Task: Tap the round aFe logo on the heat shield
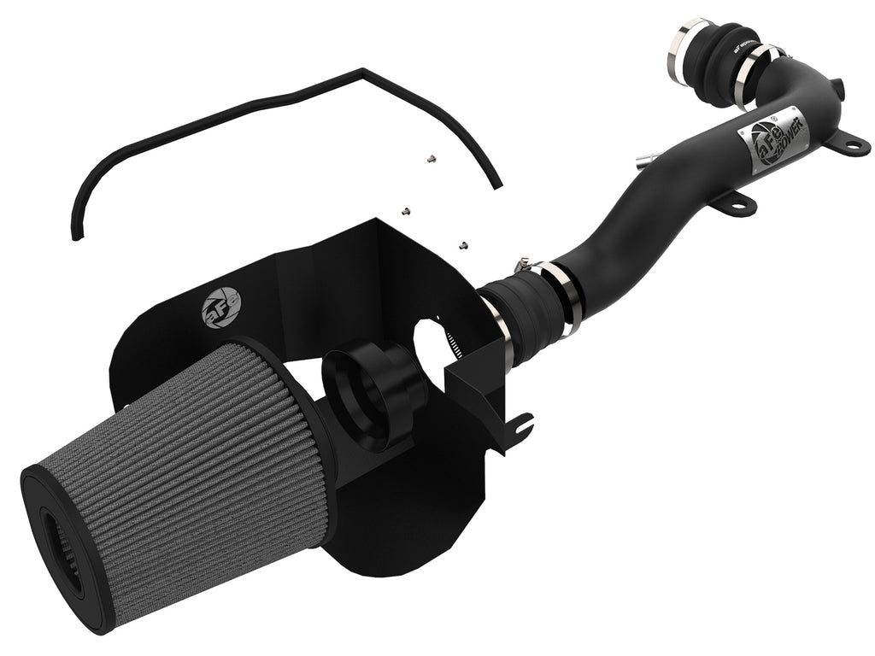click(x=221, y=307)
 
